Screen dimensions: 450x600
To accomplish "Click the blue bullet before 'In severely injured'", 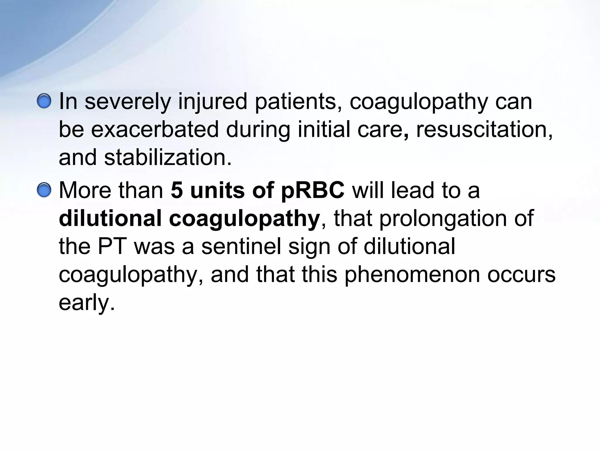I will point(45,101).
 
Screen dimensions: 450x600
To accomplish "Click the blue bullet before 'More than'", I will point(45,190).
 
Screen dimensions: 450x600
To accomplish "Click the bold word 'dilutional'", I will point(110,218).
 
